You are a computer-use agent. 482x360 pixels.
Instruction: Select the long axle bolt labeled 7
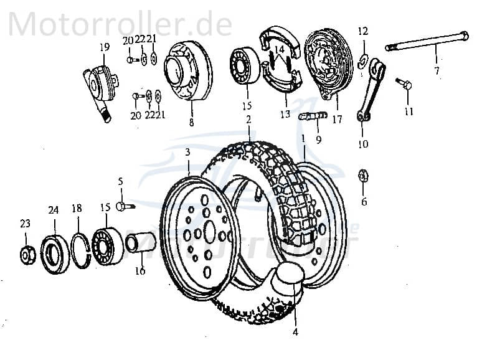click(427, 41)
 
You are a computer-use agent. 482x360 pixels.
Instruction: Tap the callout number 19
click(103, 47)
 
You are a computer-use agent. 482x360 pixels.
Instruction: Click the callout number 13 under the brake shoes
click(285, 115)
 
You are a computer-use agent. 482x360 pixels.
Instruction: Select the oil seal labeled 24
click(54, 253)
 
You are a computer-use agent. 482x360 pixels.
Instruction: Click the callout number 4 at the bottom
click(295, 332)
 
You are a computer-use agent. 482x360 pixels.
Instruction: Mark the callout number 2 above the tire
click(248, 119)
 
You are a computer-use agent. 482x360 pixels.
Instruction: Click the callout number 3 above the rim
click(187, 153)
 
